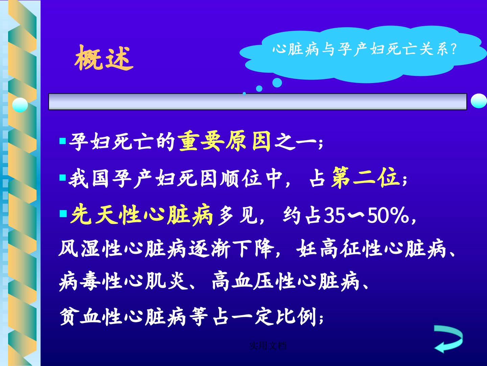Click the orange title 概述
click(104, 58)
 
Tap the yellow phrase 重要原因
click(225, 141)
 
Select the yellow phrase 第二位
click(365, 178)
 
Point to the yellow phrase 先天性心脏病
click(141, 215)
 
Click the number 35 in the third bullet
click(334, 215)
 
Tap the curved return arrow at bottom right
click(448, 339)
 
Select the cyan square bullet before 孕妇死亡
click(63, 141)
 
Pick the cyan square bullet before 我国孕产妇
click(63, 178)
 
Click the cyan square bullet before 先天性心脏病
click(63, 214)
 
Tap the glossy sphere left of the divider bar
click(20, 105)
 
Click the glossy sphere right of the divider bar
click(479, 101)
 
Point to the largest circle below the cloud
click(277, 83)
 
